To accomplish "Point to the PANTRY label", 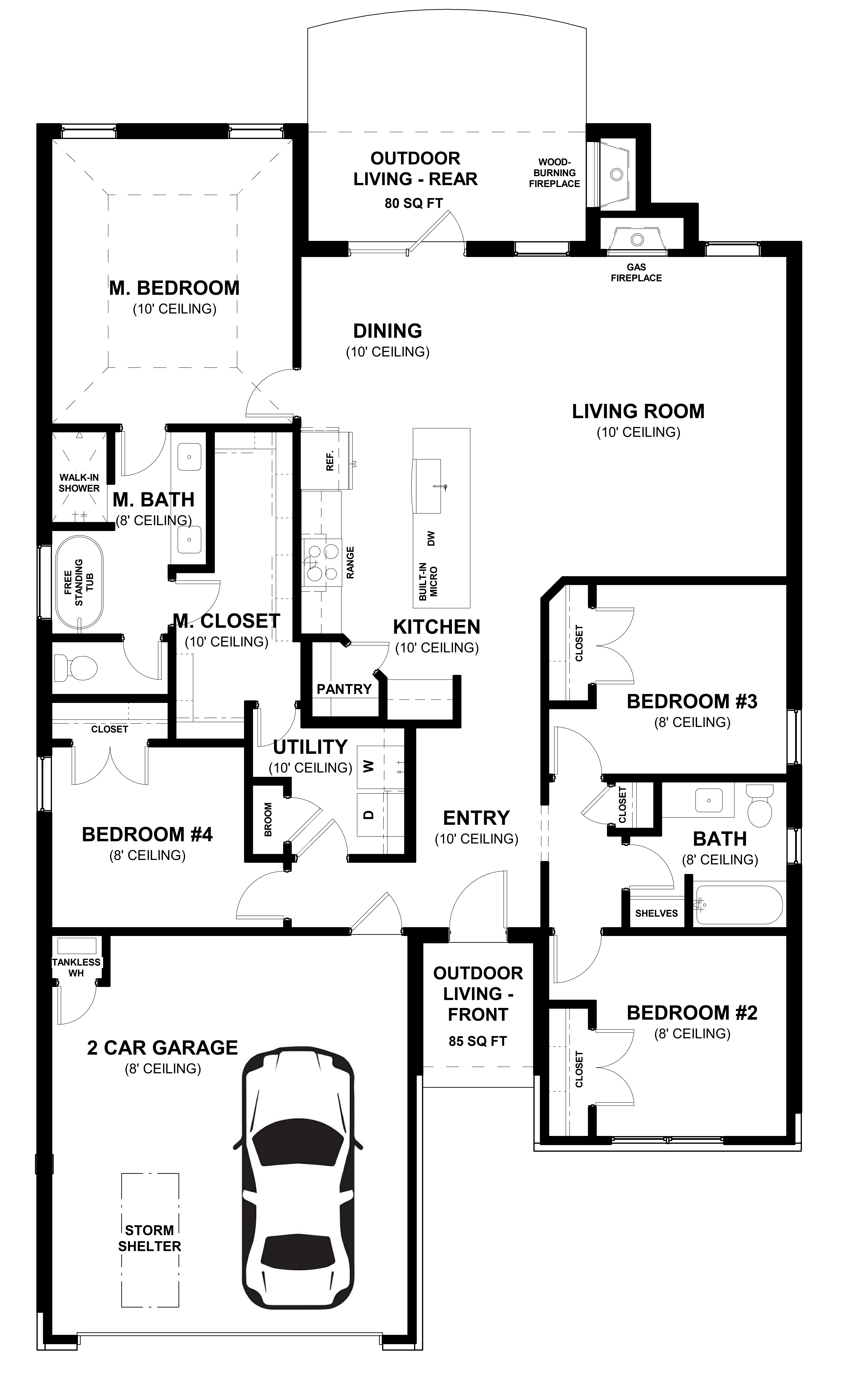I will tap(344, 689).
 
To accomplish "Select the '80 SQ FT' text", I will tap(414, 204).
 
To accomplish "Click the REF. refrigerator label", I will tap(330, 461).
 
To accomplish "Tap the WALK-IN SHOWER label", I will tap(79, 483).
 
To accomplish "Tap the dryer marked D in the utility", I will tap(369, 814).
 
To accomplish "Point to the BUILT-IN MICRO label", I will tap(428, 582).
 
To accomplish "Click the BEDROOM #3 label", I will tap(692, 702).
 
